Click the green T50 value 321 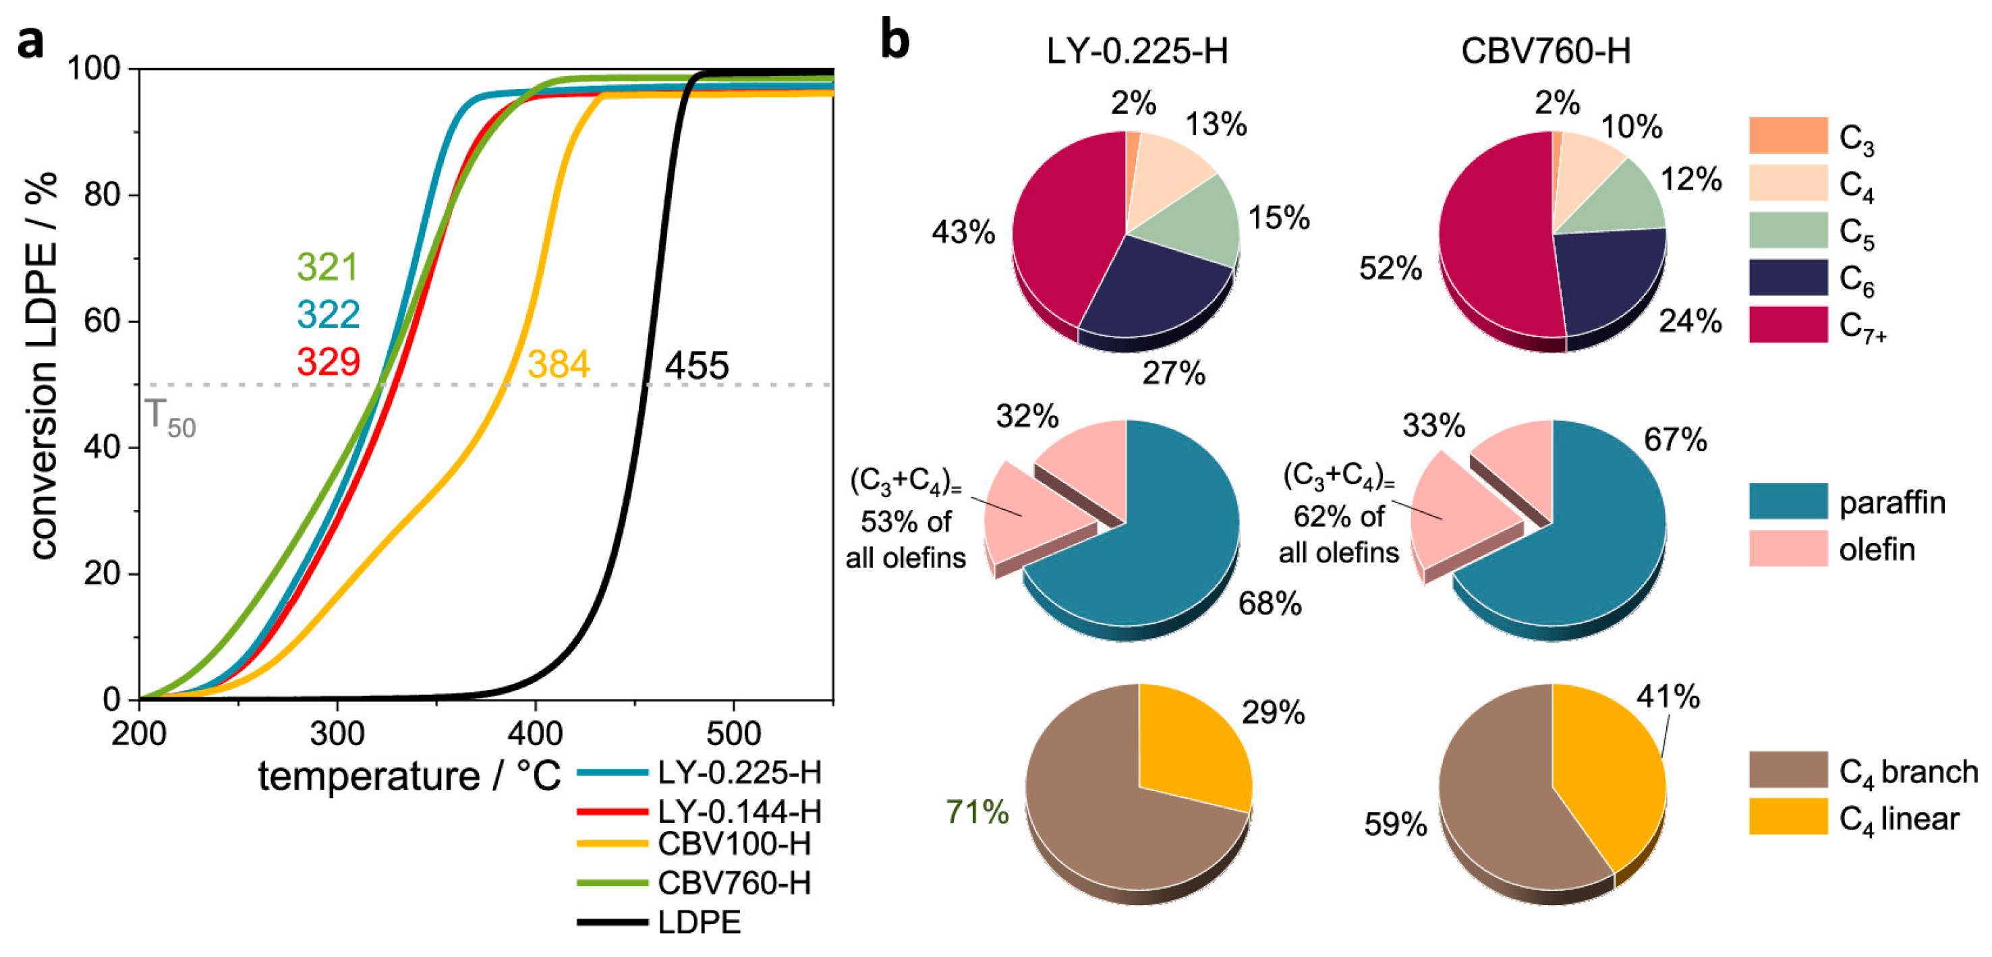(x=328, y=268)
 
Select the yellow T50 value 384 (x=559, y=364)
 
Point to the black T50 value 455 (x=697, y=366)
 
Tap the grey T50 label (x=170, y=417)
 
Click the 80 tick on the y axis (x=102, y=195)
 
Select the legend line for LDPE (x=613, y=922)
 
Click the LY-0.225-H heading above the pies (x=1137, y=52)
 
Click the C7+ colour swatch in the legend (x=1788, y=324)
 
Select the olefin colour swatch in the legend (x=1788, y=549)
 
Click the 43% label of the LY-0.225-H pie (x=963, y=232)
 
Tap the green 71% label (x=977, y=813)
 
